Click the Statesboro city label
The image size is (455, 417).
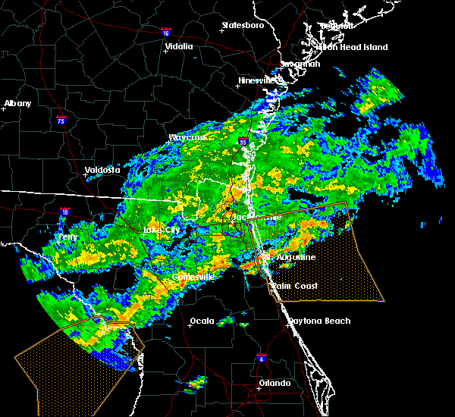pos(243,25)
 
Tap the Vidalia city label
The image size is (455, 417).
pos(178,46)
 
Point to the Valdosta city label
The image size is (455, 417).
pos(102,170)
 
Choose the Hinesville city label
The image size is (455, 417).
pos(259,80)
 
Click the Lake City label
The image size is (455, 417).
pos(161,230)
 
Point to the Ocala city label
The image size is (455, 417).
pos(201,320)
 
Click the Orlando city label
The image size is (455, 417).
pos(274,383)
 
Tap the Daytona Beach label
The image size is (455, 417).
pos(319,321)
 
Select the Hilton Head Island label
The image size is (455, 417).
pos(353,47)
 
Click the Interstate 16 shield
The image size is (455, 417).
pos(167,33)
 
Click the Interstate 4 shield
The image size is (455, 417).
pos(261,356)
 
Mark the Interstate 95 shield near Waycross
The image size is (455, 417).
pos(243,141)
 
